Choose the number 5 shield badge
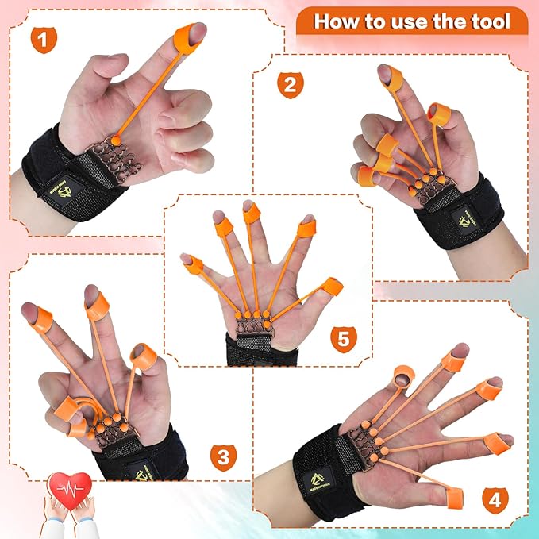coord(343,340)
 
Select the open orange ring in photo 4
coord(403,375)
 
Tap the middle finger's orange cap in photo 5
coord(251,212)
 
